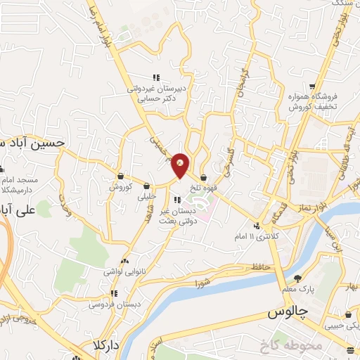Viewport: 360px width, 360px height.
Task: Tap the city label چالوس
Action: [288, 314]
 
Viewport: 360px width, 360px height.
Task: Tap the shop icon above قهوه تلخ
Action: [203, 176]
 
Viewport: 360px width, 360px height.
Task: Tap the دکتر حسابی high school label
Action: [160, 94]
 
